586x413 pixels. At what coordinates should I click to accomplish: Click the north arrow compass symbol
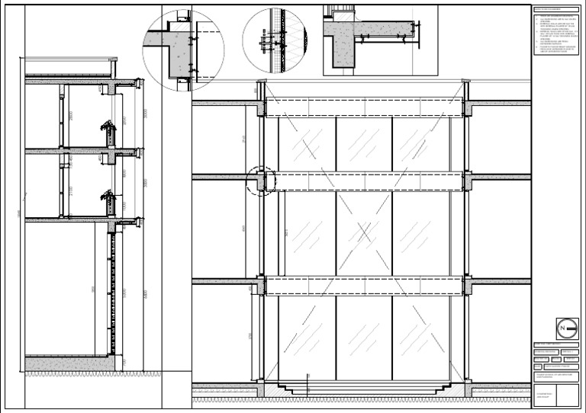(565, 328)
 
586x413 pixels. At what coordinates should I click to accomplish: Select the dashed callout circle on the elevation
(260, 181)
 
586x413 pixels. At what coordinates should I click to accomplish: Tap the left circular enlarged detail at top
(183, 50)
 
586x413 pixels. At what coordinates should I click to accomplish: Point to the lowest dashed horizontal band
(365, 286)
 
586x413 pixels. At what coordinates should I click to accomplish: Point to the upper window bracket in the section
(108, 135)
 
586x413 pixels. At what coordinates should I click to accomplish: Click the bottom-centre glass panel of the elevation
(364, 335)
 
